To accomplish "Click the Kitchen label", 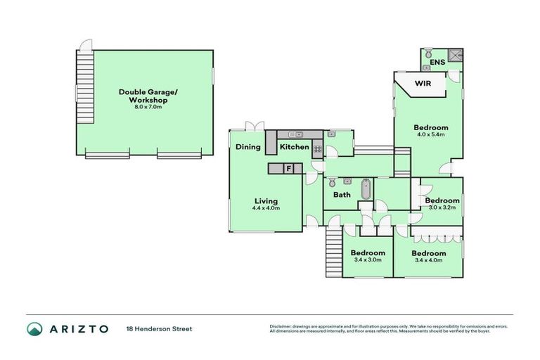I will (x=294, y=148).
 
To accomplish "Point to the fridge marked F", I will (x=288, y=169).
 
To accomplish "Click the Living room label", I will (x=266, y=199).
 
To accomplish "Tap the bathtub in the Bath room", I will (x=365, y=190).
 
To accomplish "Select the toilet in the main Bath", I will (x=332, y=183).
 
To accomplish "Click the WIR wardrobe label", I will (x=422, y=84).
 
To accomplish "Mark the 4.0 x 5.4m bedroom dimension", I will (x=431, y=135).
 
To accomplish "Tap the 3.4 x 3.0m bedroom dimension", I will (x=368, y=260).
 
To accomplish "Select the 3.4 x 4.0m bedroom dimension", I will (x=428, y=261).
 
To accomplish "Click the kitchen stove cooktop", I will (x=317, y=149).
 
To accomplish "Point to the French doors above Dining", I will (x=253, y=127).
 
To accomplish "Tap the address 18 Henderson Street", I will (x=158, y=328).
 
